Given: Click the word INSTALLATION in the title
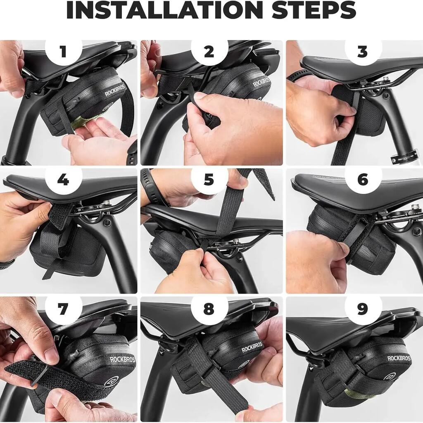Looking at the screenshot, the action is [x=165, y=10].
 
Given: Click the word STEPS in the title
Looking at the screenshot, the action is [x=314, y=10].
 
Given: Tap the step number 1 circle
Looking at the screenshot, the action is [x=63, y=51].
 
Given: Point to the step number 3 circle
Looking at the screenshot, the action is [x=363, y=51].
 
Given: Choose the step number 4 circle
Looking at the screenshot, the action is [x=63, y=180].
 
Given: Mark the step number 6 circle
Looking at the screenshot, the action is [x=363, y=180].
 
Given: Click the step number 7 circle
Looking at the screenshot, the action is [x=63, y=308].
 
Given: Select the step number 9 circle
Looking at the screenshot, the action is [x=363, y=308].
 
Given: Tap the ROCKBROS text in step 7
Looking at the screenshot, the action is [x=122, y=360].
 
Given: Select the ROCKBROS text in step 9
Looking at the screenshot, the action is [x=399, y=358].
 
